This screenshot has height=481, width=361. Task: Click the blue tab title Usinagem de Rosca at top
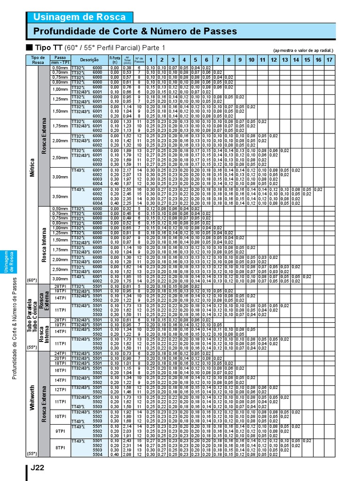coord(79,17)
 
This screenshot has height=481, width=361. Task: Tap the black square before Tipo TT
coord(29,48)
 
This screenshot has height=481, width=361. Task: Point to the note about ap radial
coord(303,50)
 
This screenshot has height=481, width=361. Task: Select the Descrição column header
coord(89,60)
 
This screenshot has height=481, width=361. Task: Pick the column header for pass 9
coord(240,60)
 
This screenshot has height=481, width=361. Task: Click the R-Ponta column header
coord(114,60)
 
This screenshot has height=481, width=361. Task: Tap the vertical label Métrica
coord(32,167)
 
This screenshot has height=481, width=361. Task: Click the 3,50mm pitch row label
coord(60,196)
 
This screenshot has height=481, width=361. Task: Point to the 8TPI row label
coord(60,448)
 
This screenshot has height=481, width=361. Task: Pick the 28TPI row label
coord(60,286)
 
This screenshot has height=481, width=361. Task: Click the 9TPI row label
coord(60,431)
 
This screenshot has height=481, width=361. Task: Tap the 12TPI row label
coord(60,389)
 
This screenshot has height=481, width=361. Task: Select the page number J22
coord(38,468)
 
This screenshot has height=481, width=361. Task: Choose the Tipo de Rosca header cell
coord(38,60)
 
